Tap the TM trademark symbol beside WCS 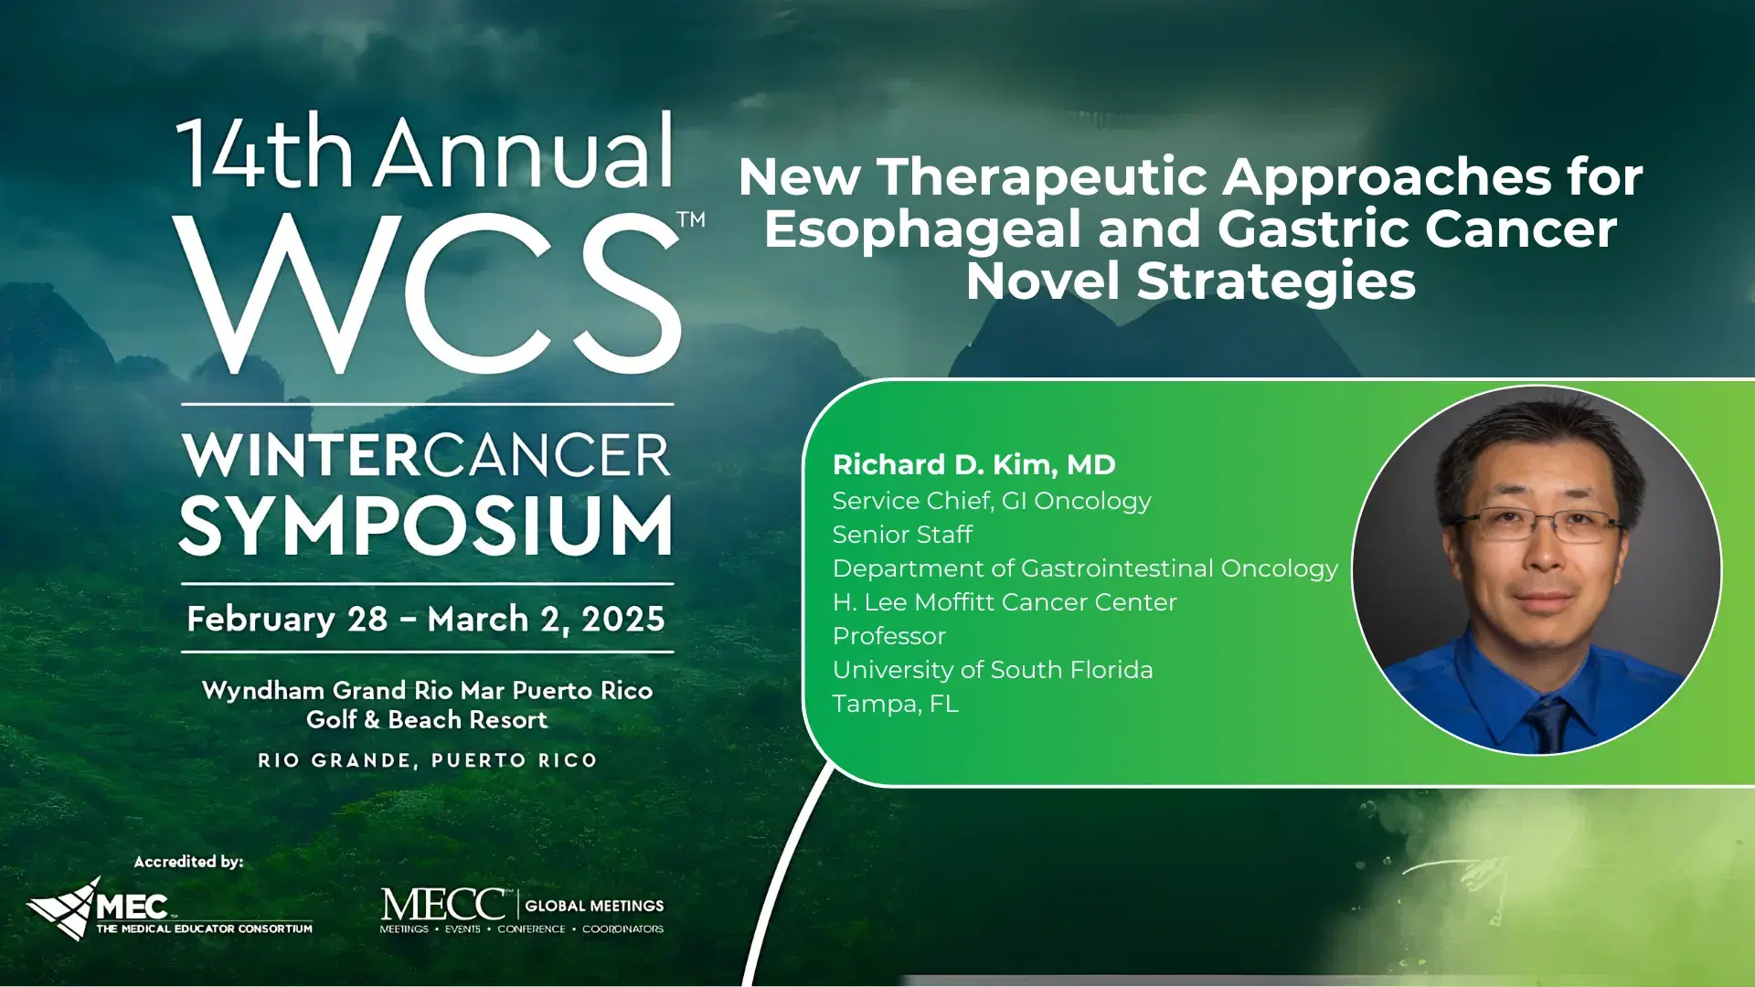[691, 219]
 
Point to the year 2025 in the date [623, 620]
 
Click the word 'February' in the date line [261, 620]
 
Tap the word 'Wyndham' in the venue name [263, 690]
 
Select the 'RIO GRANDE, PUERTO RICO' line [427, 760]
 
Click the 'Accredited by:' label [188, 861]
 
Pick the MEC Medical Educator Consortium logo [169, 910]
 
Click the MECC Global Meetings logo [522, 910]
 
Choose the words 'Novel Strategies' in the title [1191, 281]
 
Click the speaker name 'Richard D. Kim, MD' [973, 464]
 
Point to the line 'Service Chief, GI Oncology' [992, 501]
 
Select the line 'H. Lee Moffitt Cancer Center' [1005, 602]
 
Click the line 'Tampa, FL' [896, 704]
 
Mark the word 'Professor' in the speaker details [889, 636]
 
